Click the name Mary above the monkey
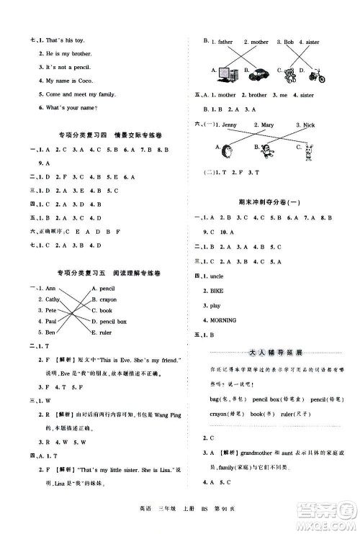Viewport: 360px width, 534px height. [266, 125]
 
